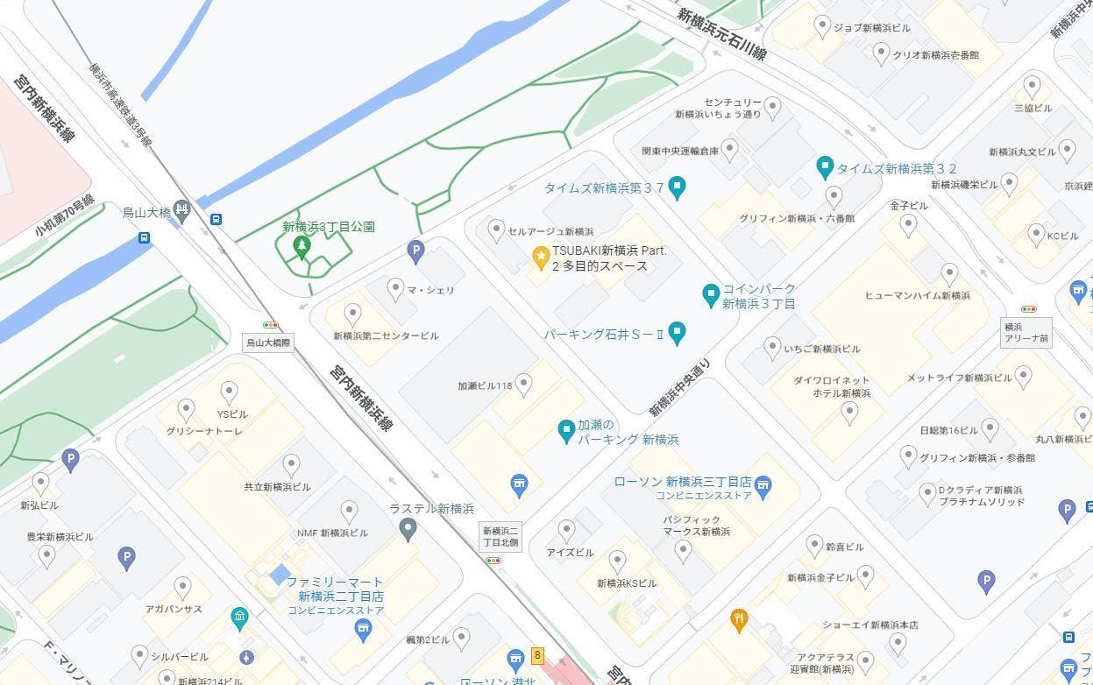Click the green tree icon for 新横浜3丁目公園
pyautogui.click(x=302, y=247)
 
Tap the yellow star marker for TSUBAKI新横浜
pyautogui.click(x=541, y=256)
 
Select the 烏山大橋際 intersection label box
pyautogui.click(x=267, y=342)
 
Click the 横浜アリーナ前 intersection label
pyautogui.click(x=1026, y=332)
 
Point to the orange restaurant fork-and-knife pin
pyautogui.click(x=739, y=619)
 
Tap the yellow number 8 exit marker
pyautogui.click(x=537, y=655)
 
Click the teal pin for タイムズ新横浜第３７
pyautogui.click(x=677, y=187)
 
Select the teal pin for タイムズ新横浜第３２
pyautogui.click(x=824, y=166)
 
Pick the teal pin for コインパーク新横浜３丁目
pyautogui.click(x=711, y=295)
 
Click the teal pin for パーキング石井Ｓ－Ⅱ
pyautogui.click(x=676, y=332)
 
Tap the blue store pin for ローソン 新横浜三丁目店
pyautogui.click(x=763, y=487)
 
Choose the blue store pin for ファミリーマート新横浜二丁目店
pyautogui.click(x=363, y=628)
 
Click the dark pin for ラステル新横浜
pyautogui.click(x=407, y=528)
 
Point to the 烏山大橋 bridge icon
pyautogui.click(x=181, y=209)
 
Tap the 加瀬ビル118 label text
pyautogui.click(x=485, y=385)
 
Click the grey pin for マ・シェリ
pyautogui.click(x=395, y=287)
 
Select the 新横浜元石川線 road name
pyautogui.click(x=720, y=34)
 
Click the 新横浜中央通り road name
pyautogui.click(x=679, y=386)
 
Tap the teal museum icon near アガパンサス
pyautogui.click(x=239, y=618)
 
